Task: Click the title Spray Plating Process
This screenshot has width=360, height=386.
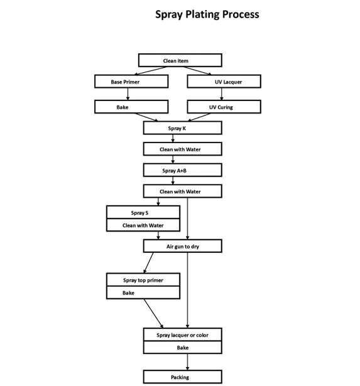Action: tap(207, 14)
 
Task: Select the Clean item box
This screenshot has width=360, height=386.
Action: tap(180, 60)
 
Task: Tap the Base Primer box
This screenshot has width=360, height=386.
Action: tap(131, 82)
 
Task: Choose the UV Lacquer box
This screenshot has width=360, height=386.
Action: tap(224, 82)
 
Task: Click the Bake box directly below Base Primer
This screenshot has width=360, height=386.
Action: tap(131, 107)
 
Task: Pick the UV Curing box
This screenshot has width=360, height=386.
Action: tap(224, 107)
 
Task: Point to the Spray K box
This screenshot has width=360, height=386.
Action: tap(182, 128)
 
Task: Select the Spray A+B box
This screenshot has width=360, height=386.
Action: tap(182, 170)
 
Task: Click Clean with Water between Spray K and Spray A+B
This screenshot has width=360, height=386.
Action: tap(182, 149)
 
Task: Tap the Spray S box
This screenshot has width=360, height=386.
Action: tap(144, 213)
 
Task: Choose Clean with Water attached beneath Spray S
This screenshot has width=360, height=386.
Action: tap(144, 225)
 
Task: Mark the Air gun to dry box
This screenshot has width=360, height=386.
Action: tap(182, 246)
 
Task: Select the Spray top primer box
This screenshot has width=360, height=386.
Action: tap(144, 280)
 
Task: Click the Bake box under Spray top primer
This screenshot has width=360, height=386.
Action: tap(144, 293)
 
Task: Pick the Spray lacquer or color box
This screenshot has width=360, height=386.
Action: tap(182, 335)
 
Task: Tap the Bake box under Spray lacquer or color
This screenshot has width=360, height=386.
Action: tap(182, 348)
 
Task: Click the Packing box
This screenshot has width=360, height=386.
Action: tap(182, 377)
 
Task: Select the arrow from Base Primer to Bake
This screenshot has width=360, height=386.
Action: tap(128, 94)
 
